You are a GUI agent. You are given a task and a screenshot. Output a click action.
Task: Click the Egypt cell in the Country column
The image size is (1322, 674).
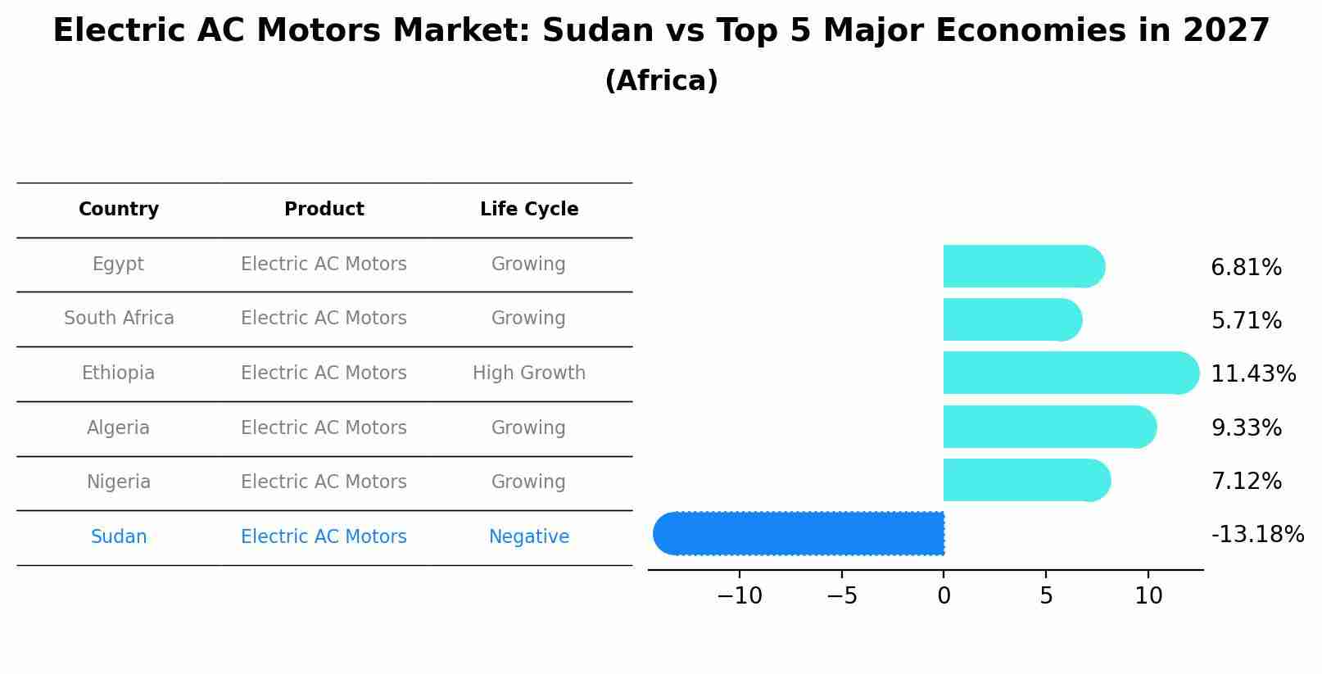[x=118, y=265]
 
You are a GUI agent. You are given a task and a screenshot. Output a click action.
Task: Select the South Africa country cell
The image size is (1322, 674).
[x=119, y=319]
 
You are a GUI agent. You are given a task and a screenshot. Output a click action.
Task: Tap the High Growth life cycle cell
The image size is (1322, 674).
[x=528, y=373]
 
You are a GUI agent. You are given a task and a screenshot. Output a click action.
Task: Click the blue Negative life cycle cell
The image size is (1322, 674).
[x=528, y=537]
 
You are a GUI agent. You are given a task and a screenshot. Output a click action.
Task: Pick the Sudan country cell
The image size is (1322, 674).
[x=119, y=537]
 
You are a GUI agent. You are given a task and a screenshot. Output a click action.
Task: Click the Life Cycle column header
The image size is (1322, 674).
[x=528, y=210]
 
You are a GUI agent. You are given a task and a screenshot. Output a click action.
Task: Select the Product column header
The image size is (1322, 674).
[x=324, y=210]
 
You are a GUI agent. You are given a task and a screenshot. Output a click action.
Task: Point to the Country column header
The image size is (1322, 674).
[x=118, y=210]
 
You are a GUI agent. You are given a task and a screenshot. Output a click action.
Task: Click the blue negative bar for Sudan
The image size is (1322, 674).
[x=799, y=533]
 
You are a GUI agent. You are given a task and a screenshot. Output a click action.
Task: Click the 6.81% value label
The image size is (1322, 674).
[x=1246, y=268]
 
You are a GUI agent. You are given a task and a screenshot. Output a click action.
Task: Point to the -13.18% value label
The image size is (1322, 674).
[x=1257, y=535]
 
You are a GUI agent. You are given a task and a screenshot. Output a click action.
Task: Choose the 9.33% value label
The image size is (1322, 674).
[x=1246, y=428]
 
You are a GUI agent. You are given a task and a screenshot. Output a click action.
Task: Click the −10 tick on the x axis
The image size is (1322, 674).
[x=739, y=596]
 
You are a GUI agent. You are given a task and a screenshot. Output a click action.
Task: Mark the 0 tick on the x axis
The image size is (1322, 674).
[x=944, y=596]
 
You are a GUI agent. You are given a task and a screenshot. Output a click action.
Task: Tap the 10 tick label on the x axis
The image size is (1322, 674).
[x=1148, y=596]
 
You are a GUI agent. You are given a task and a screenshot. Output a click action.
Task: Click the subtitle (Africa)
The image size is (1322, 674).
[x=661, y=81]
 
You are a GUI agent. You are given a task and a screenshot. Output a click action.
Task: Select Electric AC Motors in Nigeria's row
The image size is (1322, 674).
[x=324, y=482]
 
